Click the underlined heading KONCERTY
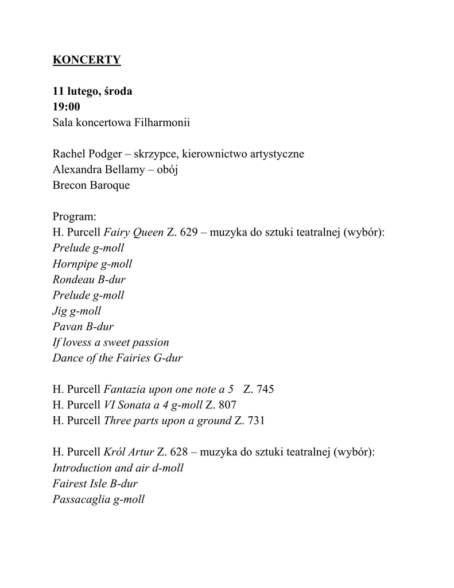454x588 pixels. (87, 60)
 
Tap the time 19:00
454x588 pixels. (67, 107)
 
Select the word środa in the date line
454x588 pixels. (119, 91)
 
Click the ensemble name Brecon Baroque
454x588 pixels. (91, 185)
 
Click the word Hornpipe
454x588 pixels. (75, 264)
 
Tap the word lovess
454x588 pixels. (79, 342)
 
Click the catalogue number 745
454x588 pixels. (265, 389)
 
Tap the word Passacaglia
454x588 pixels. (81, 499)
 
